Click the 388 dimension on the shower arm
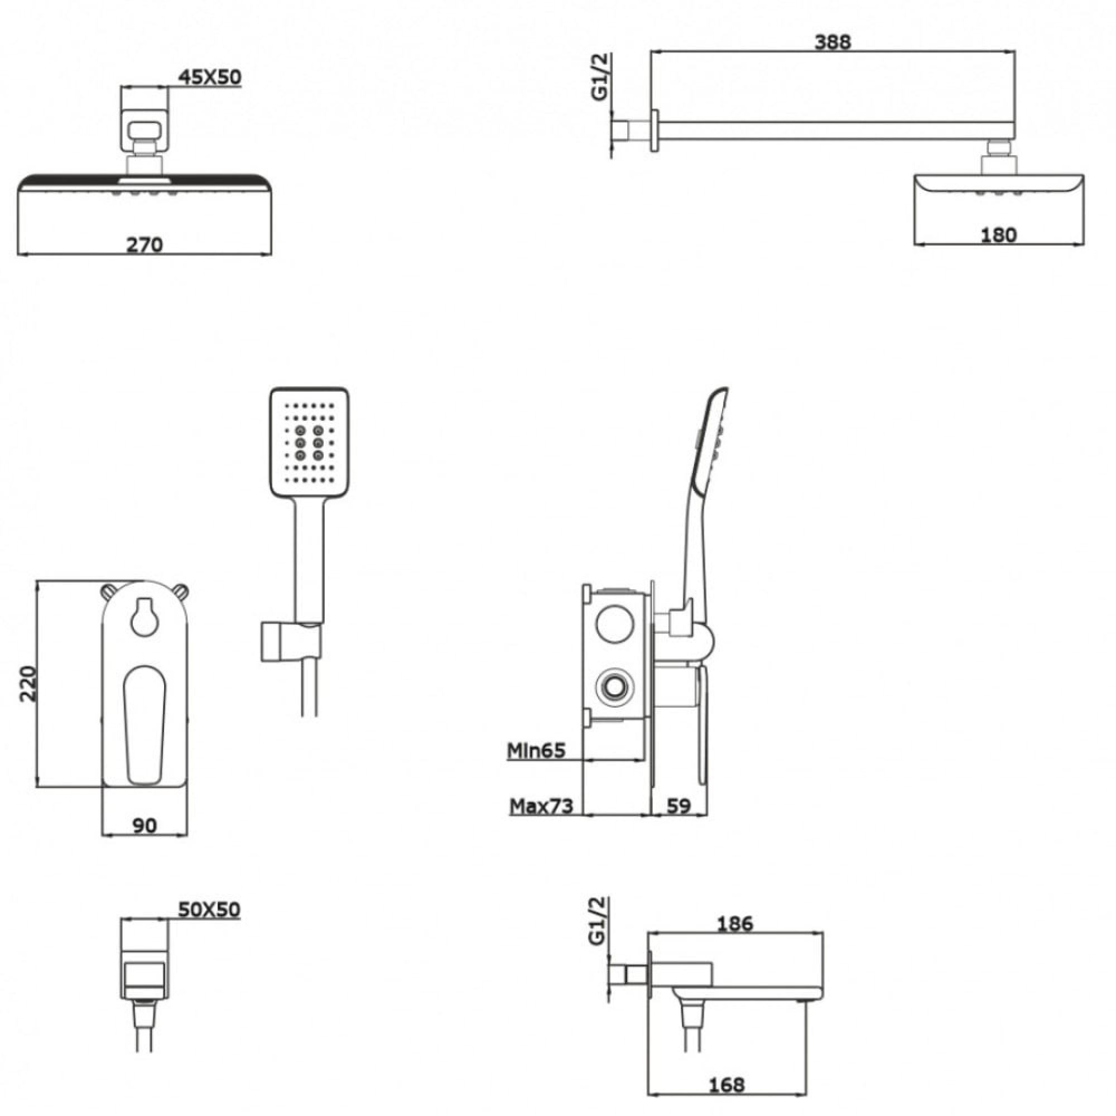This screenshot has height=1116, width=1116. point(833,42)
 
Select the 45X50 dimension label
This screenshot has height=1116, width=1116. point(209,77)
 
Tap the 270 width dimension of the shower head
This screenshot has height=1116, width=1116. point(145,244)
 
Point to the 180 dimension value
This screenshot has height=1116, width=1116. point(998,235)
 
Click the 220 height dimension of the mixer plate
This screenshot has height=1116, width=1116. point(28,684)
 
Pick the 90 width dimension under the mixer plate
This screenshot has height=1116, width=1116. point(145,825)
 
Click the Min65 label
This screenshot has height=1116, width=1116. point(536,751)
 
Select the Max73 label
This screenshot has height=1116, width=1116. point(541,806)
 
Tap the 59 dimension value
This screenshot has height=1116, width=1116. point(679,806)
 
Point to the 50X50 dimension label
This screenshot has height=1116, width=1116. point(209,910)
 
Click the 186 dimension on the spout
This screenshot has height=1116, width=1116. point(735,923)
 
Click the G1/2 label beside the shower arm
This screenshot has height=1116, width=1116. point(600,77)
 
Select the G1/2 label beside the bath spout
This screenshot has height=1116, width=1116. point(597,921)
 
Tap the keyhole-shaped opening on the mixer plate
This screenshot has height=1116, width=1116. point(144,617)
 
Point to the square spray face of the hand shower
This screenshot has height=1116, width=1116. point(309,442)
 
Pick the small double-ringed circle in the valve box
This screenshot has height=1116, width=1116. point(614,687)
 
